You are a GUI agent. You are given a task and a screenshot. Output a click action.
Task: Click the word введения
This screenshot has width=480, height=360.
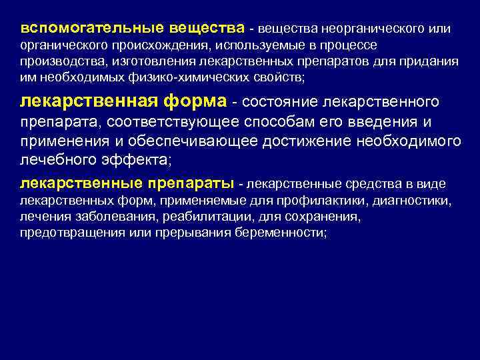coord(384,123)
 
